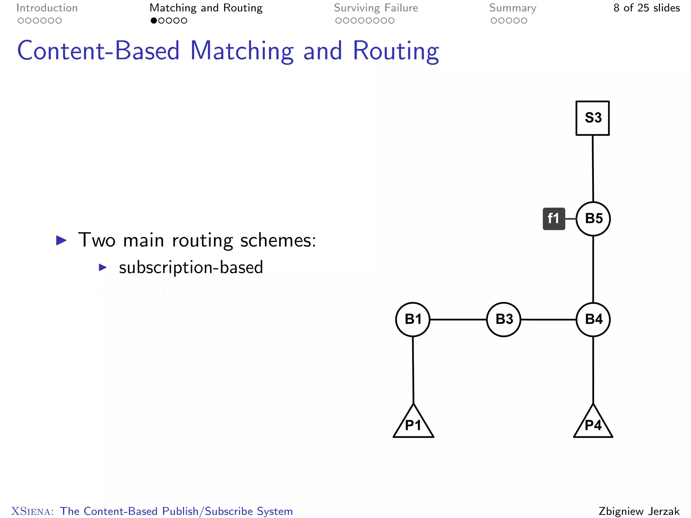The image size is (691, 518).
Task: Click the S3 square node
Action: [592, 118]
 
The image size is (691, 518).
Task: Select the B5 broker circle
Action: [593, 219]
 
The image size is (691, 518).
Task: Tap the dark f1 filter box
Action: [554, 219]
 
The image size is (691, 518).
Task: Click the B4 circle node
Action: [593, 319]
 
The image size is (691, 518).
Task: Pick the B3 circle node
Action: [504, 319]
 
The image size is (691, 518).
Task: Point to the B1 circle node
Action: [413, 319]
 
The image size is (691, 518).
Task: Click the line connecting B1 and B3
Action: [458, 319]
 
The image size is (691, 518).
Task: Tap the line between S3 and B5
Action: [593, 169]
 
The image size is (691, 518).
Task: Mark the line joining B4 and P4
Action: [593, 370]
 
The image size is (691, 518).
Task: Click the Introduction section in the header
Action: [47, 8]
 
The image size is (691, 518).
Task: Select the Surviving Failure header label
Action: [376, 8]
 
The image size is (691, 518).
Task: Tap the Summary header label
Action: [513, 8]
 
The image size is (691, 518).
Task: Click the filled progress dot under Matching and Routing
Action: [154, 21]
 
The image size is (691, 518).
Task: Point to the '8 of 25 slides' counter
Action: [646, 8]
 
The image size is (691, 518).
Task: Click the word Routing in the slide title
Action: [396, 51]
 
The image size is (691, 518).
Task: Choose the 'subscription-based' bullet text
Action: [191, 267]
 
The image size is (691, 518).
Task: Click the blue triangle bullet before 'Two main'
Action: [61, 240]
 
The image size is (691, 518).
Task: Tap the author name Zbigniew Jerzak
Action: [639, 511]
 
